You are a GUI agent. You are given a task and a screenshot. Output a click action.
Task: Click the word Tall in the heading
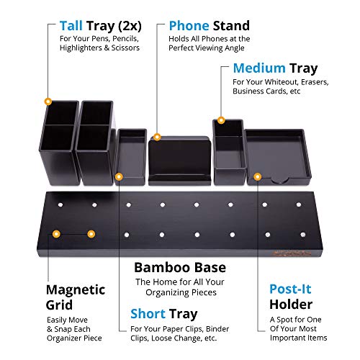[71, 26]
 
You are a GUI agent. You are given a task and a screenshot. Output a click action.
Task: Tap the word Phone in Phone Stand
[189, 26]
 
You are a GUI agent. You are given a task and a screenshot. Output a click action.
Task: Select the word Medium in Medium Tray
[259, 68]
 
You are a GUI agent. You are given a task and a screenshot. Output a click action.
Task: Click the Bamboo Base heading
[180, 267]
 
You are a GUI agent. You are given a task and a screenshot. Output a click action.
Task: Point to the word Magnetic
[76, 290]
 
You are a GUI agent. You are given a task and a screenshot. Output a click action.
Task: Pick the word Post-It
[290, 289]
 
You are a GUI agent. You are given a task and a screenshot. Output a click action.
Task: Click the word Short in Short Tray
[148, 314]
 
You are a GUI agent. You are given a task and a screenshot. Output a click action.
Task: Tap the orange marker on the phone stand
[157, 137]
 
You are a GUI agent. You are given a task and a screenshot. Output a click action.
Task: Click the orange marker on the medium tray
[221, 120]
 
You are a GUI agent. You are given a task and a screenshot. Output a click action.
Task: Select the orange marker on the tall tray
[48, 102]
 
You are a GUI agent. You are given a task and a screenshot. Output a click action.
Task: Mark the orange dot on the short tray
[119, 177]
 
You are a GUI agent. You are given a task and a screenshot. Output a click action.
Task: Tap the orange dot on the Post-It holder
[257, 177]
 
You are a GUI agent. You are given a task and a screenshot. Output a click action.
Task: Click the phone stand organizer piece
[180, 161]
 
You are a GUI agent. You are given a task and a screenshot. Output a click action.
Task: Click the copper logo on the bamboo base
[292, 253]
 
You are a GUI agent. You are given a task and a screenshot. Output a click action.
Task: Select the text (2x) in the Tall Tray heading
[130, 26]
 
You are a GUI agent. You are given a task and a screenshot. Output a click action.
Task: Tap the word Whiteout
[282, 82]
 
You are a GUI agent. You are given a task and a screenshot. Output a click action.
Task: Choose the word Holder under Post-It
[291, 305]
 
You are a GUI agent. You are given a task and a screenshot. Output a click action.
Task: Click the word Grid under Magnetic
[59, 305]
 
